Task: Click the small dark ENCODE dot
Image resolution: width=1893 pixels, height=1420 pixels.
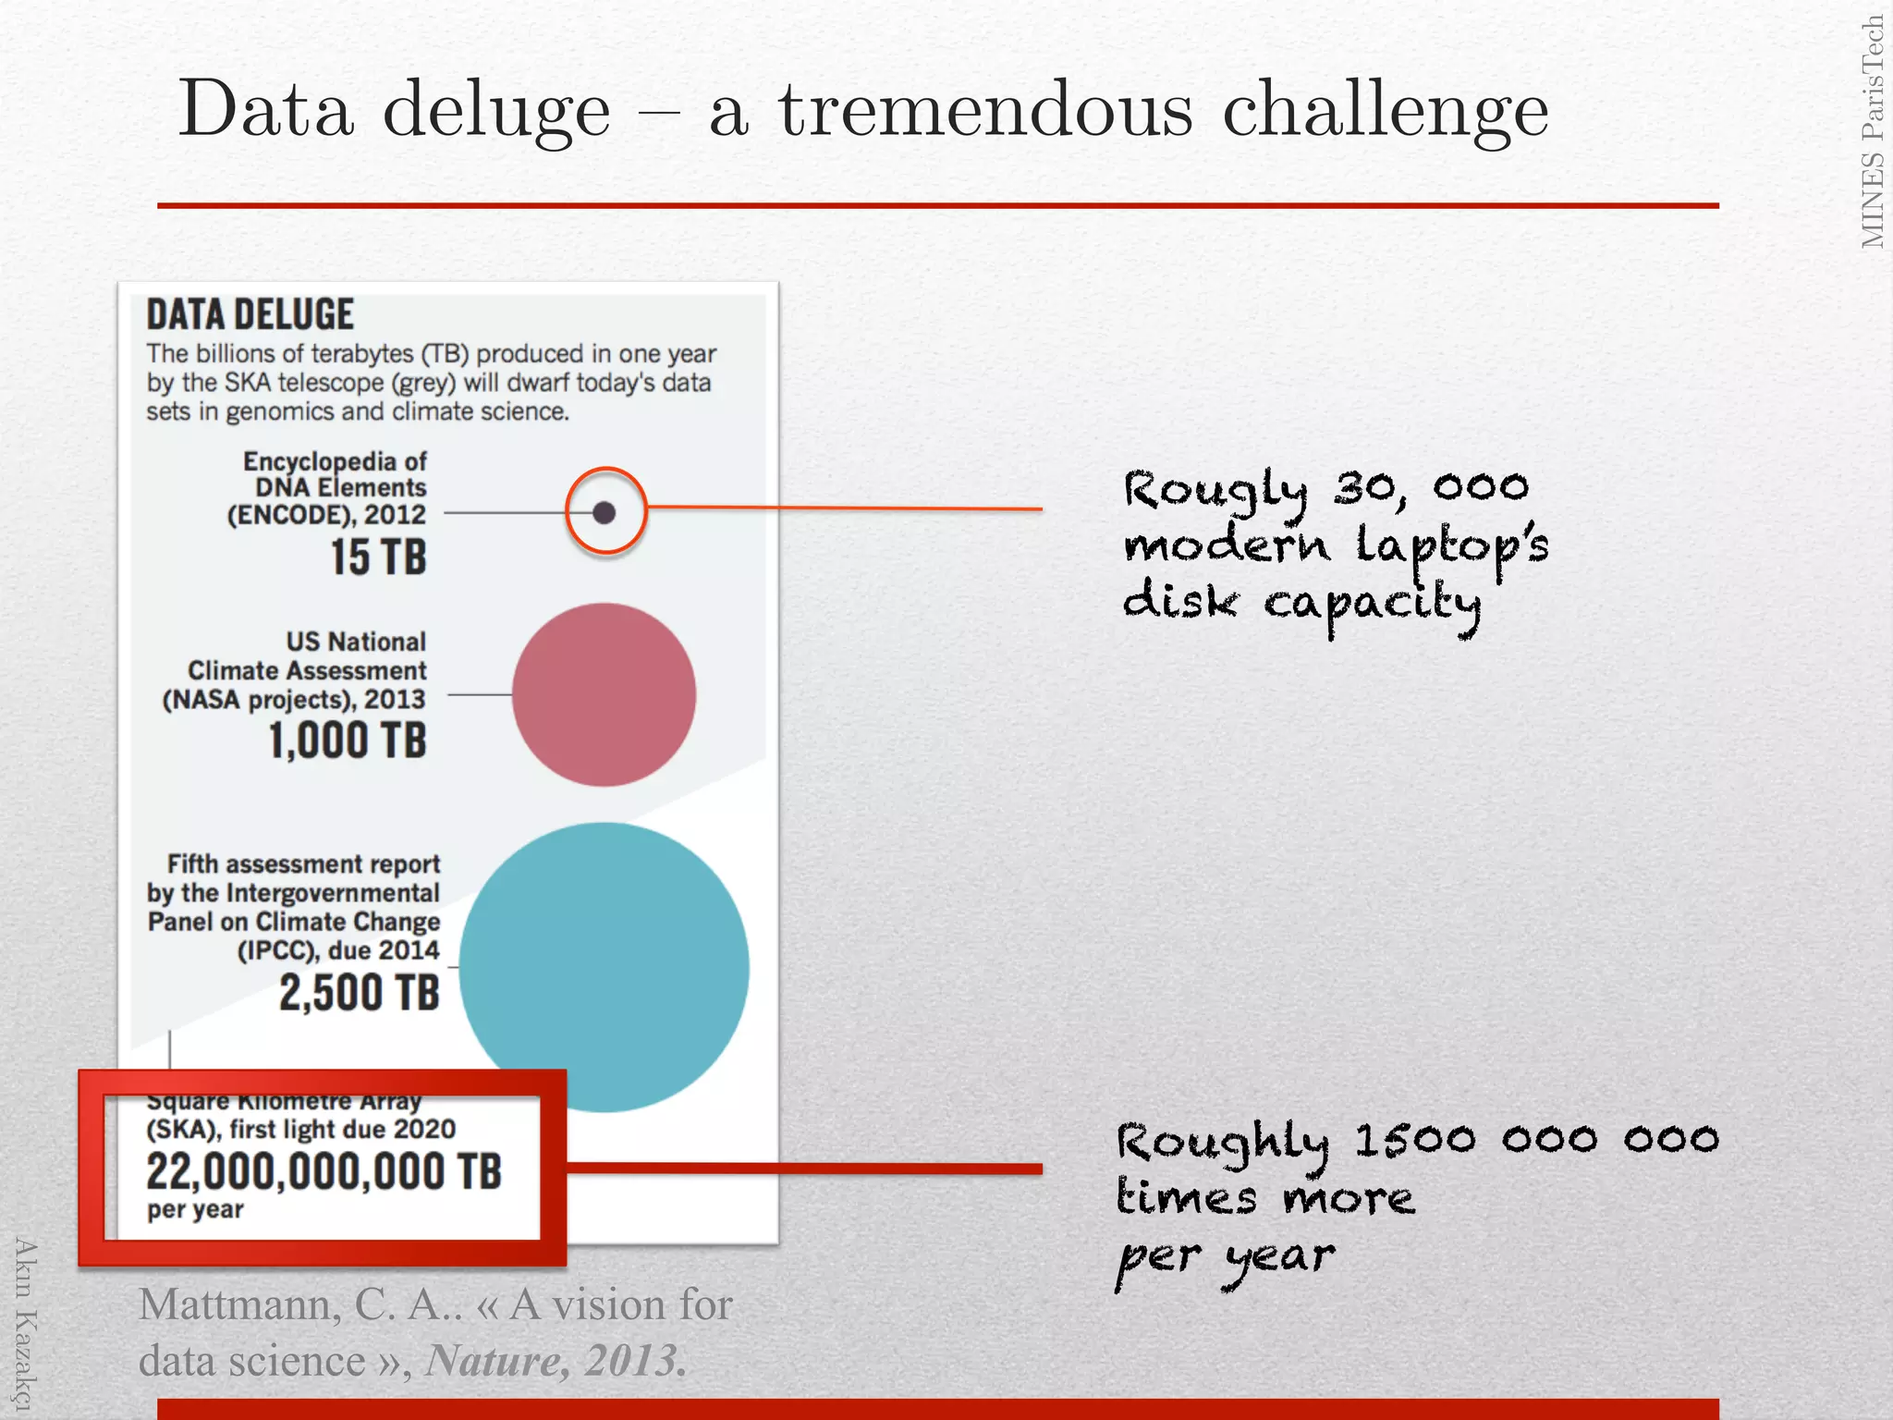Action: pos(605,512)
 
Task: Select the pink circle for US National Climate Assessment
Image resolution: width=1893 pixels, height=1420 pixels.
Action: pos(604,694)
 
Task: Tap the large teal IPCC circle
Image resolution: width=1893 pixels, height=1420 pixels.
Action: pos(604,967)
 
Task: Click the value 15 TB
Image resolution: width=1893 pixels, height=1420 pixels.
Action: pos(379,557)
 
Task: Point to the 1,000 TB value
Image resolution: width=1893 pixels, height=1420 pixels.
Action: pos(348,741)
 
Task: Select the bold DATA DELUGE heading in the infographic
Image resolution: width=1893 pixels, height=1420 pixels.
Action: pos(250,314)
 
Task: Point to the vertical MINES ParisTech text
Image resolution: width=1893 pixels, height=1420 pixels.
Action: pos(1873,132)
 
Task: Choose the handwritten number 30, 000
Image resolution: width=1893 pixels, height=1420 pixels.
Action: pos(1431,488)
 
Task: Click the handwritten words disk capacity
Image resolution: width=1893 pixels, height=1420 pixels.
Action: pos(1301,604)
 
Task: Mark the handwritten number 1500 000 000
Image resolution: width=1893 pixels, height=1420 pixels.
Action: pos(1536,1140)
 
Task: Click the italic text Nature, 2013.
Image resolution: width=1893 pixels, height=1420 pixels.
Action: pos(556,1360)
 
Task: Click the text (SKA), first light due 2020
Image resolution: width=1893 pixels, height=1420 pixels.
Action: pos(301,1130)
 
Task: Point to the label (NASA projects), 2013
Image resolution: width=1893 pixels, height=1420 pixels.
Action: pos(294,700)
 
